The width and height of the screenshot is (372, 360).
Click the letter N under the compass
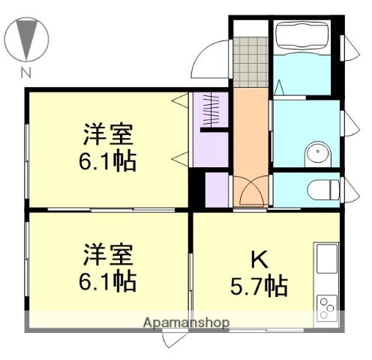tap(26, 73)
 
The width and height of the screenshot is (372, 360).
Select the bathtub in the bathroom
tap(306, 37)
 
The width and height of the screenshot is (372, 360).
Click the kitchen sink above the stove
tap(327, 259)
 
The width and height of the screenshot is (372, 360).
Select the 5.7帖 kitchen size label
tap(259, 286)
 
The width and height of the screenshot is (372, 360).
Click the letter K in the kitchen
tap(258, 260)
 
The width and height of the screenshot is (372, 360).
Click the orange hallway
tap(249, 135)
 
